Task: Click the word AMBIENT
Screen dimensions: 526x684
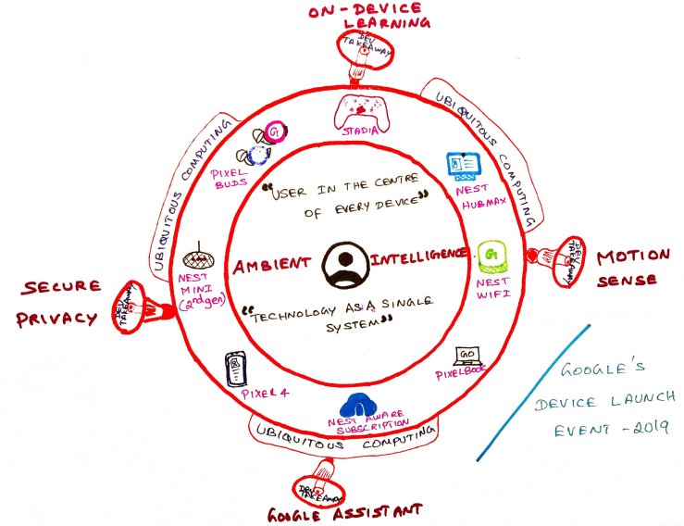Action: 269,265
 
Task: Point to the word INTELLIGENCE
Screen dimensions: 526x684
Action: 420,253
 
